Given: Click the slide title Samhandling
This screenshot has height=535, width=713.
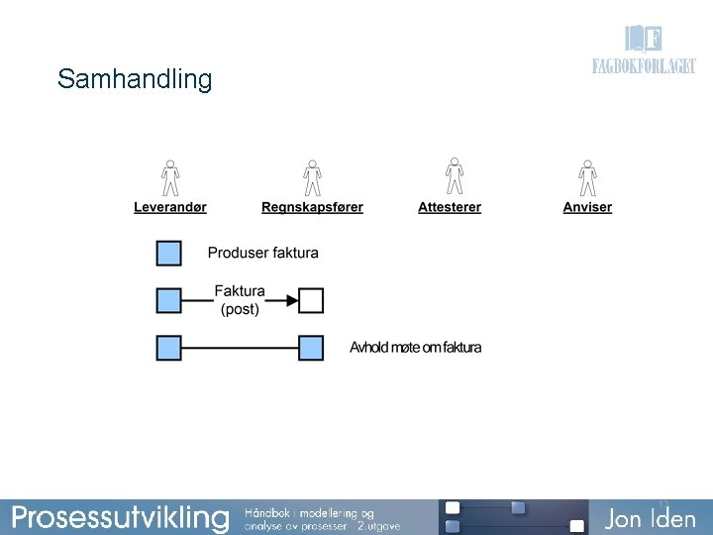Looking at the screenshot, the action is tap(135, 79).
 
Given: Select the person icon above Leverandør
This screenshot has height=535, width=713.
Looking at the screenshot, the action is tap(170, 177).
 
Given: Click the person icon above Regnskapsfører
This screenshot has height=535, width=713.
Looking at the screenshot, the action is tap(312, 177).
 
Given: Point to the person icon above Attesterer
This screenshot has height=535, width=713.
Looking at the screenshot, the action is tap(455, 177).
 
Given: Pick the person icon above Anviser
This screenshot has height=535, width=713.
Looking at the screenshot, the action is tap(587, 177).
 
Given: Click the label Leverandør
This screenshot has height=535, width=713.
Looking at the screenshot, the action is tap(170, 207).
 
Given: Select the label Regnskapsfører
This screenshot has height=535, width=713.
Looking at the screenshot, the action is tap(312, 207).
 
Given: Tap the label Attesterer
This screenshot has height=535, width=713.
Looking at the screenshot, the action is tap(450, 207).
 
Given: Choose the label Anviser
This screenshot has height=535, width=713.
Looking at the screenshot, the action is tap(587, 207).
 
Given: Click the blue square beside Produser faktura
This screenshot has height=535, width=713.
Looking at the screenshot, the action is tap(169, 253).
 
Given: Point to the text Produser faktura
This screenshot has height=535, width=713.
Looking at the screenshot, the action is tap(263, 253).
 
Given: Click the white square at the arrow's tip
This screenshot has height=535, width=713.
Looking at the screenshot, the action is tap(311, 300).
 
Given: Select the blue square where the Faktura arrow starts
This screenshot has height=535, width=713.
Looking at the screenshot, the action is tap(169, 300).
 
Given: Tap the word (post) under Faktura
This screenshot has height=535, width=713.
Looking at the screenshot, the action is tap(240, 309).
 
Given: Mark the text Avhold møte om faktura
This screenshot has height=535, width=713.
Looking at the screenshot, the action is tap(416, 348).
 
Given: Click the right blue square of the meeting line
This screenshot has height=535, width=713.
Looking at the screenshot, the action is tap(311, 348).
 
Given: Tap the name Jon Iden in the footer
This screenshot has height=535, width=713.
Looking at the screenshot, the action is tap(651, 518).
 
